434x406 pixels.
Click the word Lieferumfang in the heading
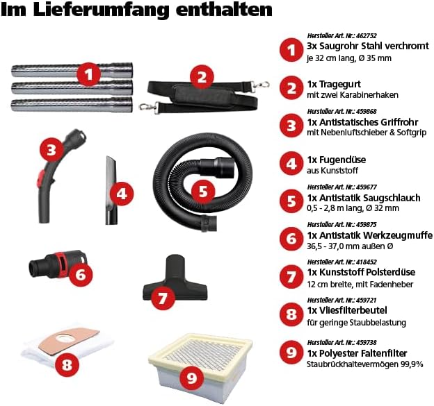pos(102,10)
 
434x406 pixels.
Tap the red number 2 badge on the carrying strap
pos(202,77)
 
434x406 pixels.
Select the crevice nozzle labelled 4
pos(111,190)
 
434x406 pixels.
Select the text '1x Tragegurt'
pos(334,84)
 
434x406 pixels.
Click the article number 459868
pos(366,111)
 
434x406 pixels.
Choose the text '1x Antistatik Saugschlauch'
pos(364,198)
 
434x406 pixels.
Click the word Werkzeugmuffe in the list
pos(397,235)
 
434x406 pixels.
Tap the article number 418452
pos(366,262)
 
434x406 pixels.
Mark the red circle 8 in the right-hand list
pos(291,314)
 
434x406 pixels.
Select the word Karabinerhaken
pos(369,94)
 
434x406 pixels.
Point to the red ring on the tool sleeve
pos(61,260)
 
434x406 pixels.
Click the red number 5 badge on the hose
pos(203,192)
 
